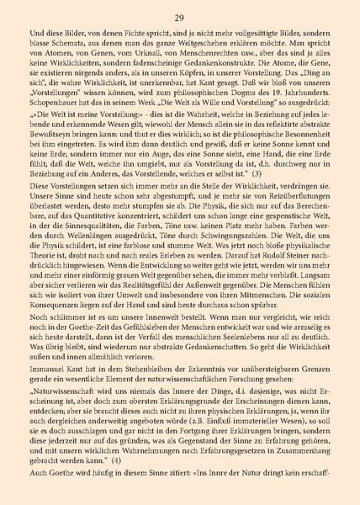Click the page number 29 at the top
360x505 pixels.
180,17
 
